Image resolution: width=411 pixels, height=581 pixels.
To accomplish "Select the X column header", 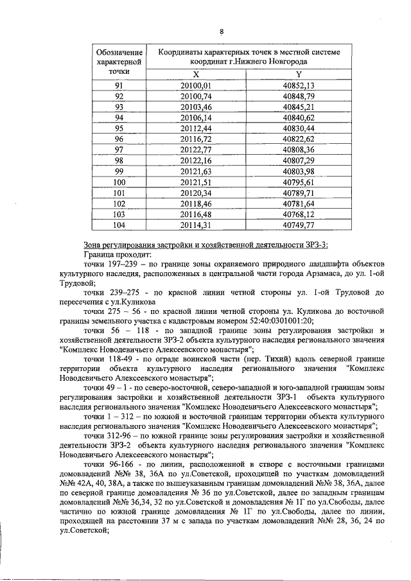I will point(196,74).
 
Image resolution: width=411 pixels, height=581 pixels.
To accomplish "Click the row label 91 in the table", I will point(119,85).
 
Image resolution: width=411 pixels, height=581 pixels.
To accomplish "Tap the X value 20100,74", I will point(196,96).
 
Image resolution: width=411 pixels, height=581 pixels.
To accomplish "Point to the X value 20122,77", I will point(196,149).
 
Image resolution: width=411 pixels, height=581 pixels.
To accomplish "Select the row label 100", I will point(119,182).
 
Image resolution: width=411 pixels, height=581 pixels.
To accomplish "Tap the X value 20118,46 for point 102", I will point(196,203).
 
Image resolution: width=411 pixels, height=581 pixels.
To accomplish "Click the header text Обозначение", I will point(119,52).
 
